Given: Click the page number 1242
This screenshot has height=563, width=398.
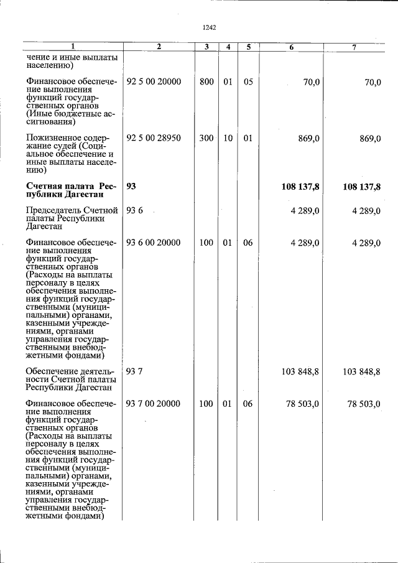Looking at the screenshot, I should (x=209, y=27).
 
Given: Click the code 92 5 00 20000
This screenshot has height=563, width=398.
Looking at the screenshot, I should (x=153, y=82).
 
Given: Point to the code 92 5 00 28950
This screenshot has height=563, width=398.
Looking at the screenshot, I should (x=153, y=138).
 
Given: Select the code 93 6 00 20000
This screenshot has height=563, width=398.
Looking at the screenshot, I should (x=153, y=243).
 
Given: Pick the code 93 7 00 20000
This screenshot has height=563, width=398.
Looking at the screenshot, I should (x=153, y=404).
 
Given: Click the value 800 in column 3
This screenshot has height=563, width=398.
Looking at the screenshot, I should (x=206, y=82).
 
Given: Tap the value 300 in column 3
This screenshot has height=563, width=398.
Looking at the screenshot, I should (x=206, y=138).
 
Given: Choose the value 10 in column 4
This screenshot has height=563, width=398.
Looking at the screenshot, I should (x=228, y=138).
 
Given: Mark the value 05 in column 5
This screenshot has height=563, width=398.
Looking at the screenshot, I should (x=248, y=82).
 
